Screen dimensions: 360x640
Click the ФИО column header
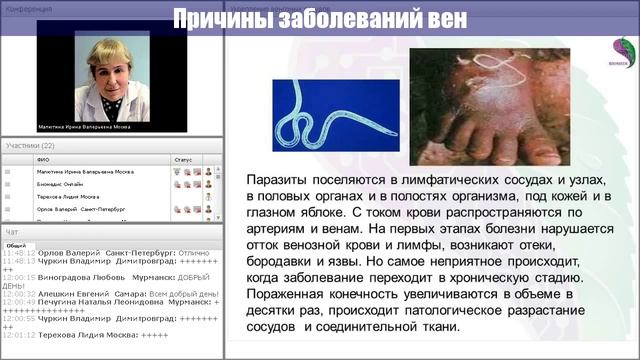pyautogui.click(x=42, y=158)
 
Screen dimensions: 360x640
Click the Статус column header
pyautogui.click(x=183, y=158)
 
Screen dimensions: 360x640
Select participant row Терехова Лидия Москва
pyautogui.click(x=70, y=197)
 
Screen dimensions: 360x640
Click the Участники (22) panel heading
pyautogui.click(x=29, y=146)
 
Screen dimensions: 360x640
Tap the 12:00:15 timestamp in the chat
pyautogui.click(x=19, y=276)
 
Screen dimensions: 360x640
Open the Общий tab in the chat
pyautogui.click(x=16, y=244)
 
